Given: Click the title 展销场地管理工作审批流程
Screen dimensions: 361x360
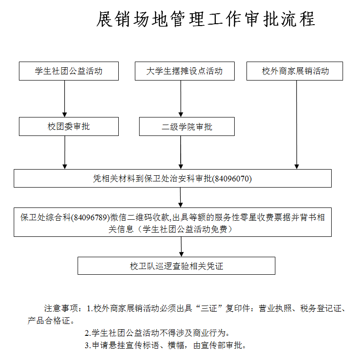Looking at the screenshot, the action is click(205, 19).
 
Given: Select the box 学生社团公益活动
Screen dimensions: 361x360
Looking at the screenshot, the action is click(69, 71).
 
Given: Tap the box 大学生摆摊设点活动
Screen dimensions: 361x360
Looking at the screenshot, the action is click(185, 71).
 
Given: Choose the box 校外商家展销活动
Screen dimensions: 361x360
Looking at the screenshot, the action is click(295, 71).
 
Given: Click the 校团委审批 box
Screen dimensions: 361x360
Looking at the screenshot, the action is click(69, 126).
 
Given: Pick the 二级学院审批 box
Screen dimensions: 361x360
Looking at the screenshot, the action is click(187, 126).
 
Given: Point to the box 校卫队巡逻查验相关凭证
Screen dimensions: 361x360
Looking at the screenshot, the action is click(176, 266).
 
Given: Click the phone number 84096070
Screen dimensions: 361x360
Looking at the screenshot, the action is click(232, 179).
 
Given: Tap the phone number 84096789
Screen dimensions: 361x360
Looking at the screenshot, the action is click(90, 217).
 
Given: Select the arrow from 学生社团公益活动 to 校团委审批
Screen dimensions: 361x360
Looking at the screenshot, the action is click(65, 99).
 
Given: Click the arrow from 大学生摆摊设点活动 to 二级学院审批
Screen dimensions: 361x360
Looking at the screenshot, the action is click(181, 99).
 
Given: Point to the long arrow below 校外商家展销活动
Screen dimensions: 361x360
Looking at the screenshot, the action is click(297, 125).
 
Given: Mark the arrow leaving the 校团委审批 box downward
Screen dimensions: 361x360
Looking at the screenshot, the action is click(65, 153).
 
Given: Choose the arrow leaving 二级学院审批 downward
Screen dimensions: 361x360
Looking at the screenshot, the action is click(181, 153).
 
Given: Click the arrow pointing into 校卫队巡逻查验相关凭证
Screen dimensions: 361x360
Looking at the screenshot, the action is click(181, 247).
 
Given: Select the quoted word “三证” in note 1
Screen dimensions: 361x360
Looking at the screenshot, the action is click(210, 308).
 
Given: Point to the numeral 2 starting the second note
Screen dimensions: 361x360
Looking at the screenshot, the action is click(87, 333).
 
